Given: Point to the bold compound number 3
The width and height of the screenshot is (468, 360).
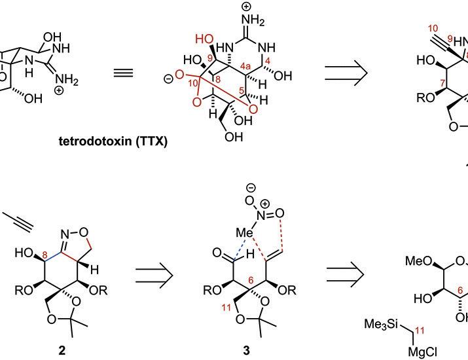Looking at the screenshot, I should (247, 350).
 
